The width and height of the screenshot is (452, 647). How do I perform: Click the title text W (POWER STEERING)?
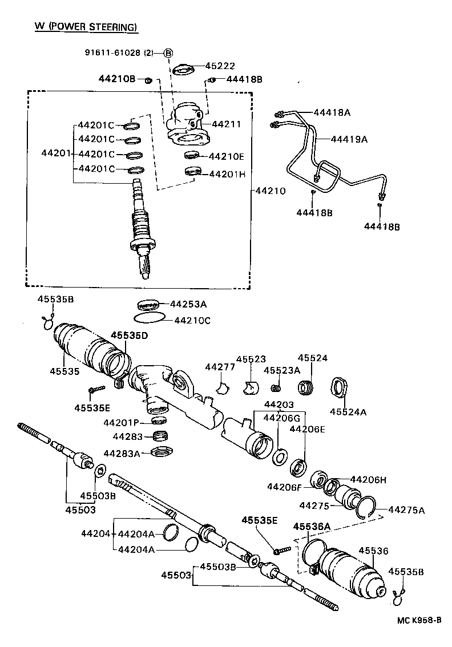[82, 27]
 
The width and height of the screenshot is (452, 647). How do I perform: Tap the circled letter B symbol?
[168, 53]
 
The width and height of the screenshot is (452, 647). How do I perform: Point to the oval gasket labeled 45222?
[183, 69]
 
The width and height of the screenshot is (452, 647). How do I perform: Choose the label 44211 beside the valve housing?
[227, 124]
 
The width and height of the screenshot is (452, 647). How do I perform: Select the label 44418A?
[331, 112]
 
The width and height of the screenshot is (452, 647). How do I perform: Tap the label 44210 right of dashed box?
[271, 191]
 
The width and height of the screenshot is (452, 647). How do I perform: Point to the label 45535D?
[129, 335]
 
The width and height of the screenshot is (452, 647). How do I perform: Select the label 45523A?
[282, 370]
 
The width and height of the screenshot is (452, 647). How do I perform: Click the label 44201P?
[122, 423]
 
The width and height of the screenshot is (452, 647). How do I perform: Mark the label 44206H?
[368, 480]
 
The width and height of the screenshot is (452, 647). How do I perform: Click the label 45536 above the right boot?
[373, 551]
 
